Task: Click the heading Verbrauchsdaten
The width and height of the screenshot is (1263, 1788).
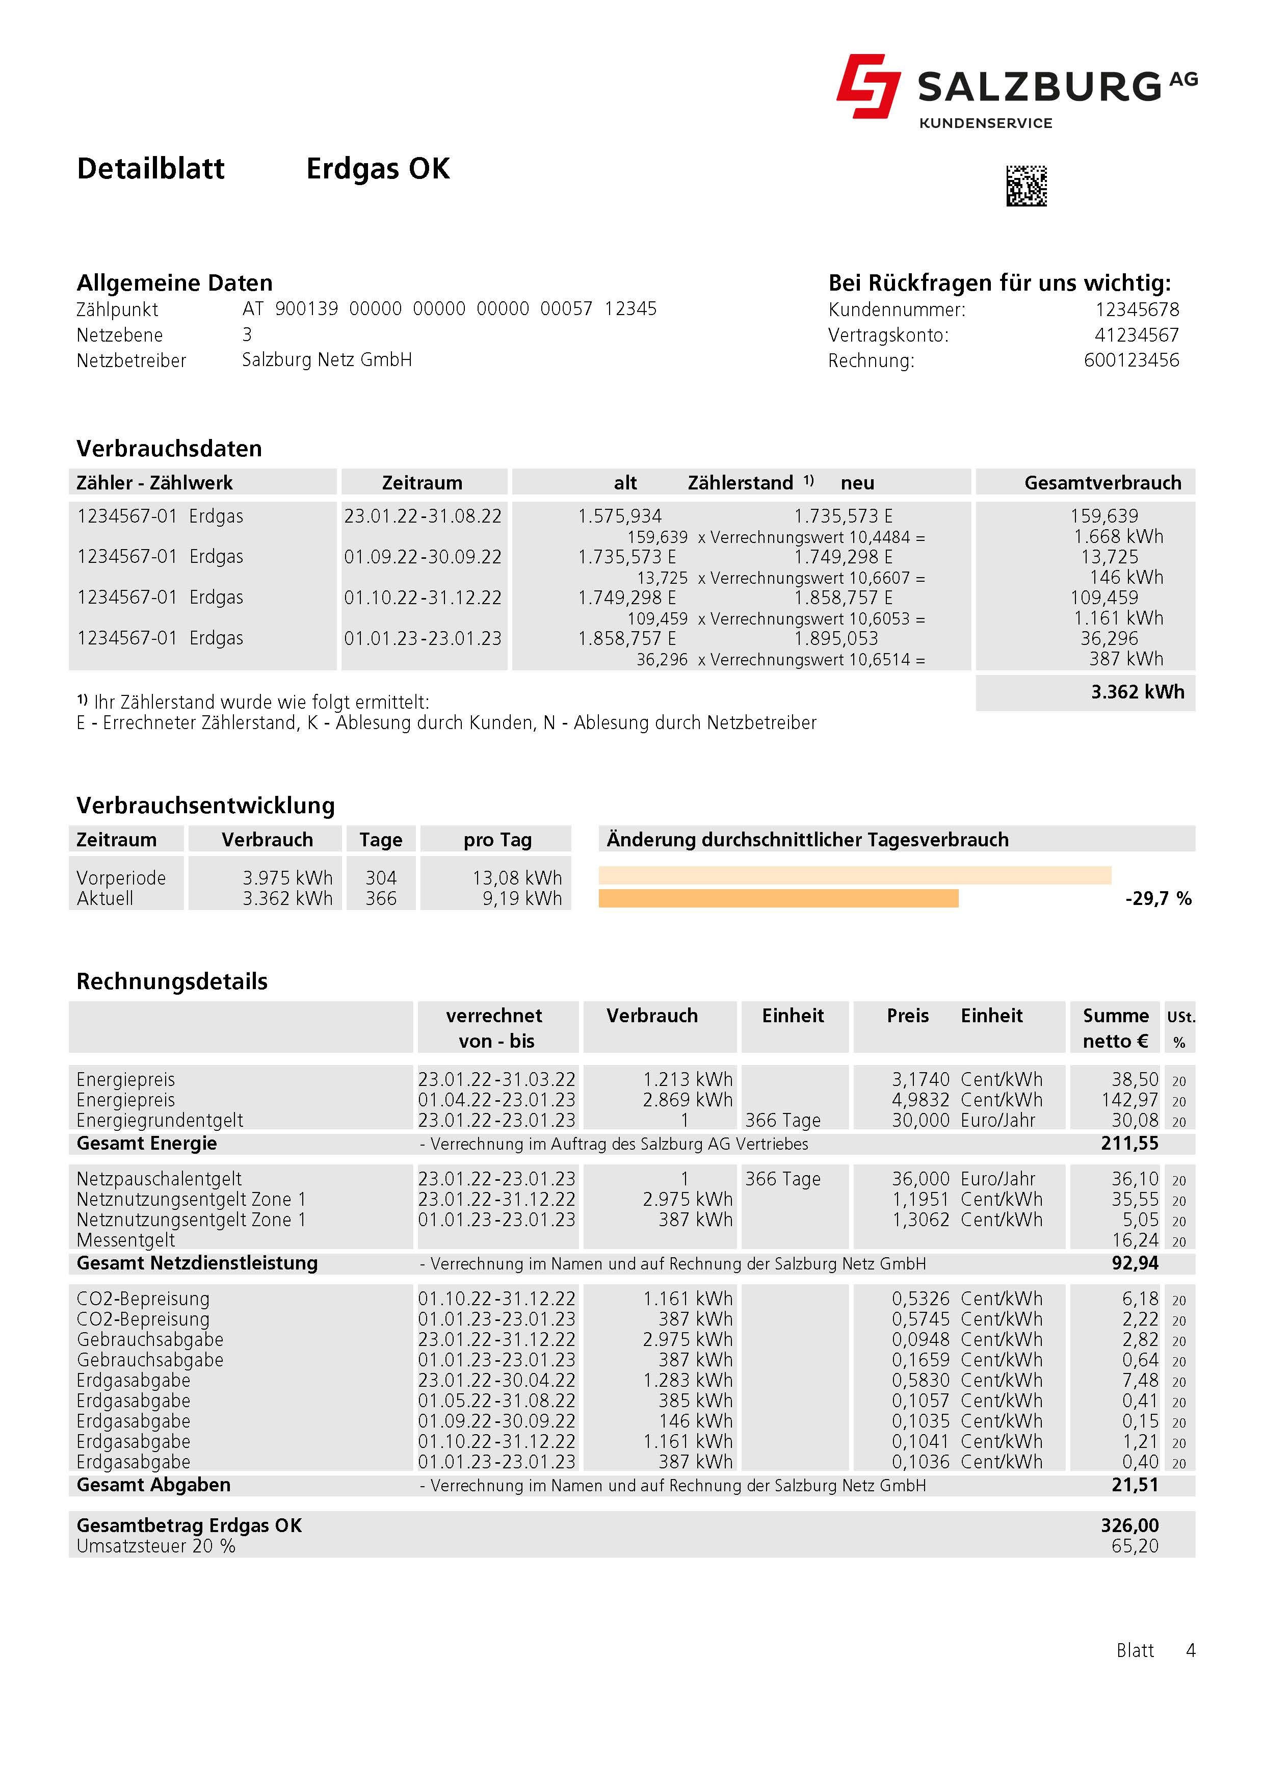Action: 169,449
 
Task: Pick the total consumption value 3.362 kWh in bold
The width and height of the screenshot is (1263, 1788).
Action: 1137,692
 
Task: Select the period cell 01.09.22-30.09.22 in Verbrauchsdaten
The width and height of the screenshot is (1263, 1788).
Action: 423,557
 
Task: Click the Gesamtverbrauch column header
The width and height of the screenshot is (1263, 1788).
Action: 1102,483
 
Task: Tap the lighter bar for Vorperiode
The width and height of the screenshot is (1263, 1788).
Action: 854,875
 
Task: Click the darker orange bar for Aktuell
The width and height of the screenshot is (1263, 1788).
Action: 778,899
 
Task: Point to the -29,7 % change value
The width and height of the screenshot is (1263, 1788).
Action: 1158,899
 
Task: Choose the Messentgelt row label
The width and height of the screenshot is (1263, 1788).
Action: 125,1240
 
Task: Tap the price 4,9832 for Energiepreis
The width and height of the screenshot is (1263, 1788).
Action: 920,1100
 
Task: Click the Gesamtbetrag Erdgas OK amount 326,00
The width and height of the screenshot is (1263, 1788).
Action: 1129,1525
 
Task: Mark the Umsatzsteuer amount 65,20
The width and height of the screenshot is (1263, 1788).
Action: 1135,1546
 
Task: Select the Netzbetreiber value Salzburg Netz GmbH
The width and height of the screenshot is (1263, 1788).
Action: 327,360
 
